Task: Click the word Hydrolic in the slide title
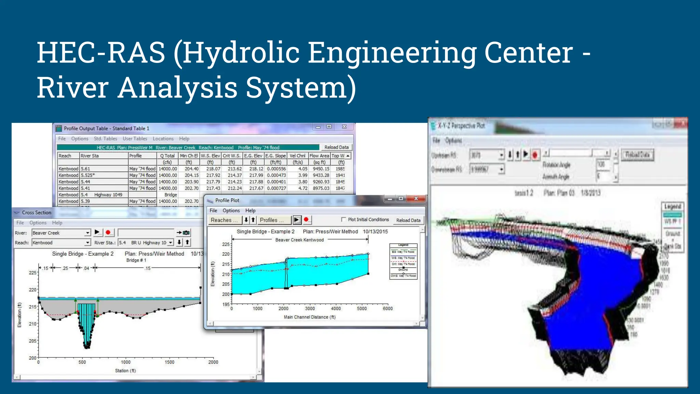click(x=241, y=53)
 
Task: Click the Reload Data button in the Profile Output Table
click(x=336, y=147)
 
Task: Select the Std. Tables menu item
click(x=105, y=139)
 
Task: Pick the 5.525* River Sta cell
click(x=88, y=175)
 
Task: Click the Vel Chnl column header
click(x=297, y=156)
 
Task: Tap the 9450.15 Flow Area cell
click(x=321, y=169)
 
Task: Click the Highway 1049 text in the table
click(x=108, y=195)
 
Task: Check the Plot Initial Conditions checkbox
click(x=344, y=220)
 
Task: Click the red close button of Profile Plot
click(x=416, y=198)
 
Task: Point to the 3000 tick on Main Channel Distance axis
click(x=310, y=308)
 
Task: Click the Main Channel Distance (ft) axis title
click(x=310, y=317)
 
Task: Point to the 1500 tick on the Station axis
click(x=170, y=362)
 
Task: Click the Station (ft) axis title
click(x=125, y=371)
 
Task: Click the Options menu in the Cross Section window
click(x=38, y=223)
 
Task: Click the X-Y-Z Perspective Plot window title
click(x=461, y=126)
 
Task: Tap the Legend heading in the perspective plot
click(x=673, y=207)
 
